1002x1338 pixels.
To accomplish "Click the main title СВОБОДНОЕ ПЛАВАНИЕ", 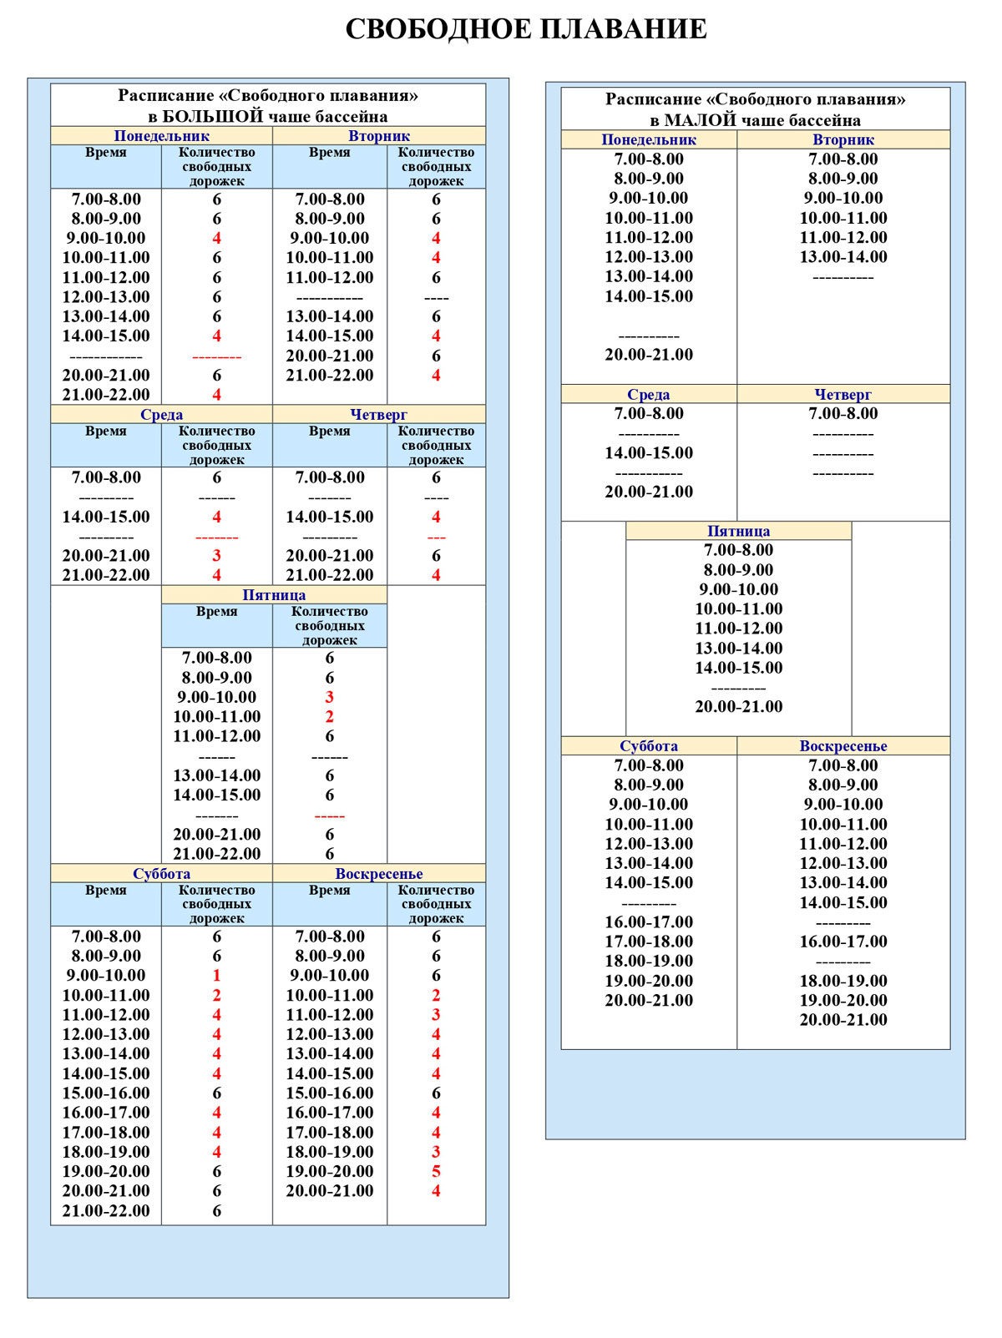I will [526, 29].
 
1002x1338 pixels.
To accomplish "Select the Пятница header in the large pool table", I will [274, 595].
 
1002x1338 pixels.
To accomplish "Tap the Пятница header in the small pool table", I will [738, 531].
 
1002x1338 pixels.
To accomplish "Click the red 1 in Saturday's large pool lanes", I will [216, 975].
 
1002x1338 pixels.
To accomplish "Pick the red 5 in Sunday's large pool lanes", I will [436, 1171].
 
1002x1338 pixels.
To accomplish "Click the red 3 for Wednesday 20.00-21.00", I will [216, 555].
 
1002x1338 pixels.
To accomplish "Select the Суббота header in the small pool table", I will [649, 746].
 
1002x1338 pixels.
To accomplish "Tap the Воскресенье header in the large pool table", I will [379, 874].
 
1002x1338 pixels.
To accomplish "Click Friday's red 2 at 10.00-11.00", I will [329, 716].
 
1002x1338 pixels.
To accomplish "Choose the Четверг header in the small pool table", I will [843, 394].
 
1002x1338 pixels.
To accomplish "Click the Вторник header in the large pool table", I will [379, 136].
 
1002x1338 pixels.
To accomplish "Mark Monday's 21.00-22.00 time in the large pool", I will [106, 395].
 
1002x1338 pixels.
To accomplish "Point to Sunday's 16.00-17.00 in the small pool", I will [843, 942].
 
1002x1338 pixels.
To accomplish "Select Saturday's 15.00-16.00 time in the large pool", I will [106, 1093].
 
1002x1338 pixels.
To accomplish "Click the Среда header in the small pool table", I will [649, 394].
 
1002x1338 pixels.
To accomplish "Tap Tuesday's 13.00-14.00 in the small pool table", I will [843, 257].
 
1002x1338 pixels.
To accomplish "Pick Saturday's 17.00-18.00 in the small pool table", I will [649, 942].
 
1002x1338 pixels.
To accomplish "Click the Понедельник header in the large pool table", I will [161, 136].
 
